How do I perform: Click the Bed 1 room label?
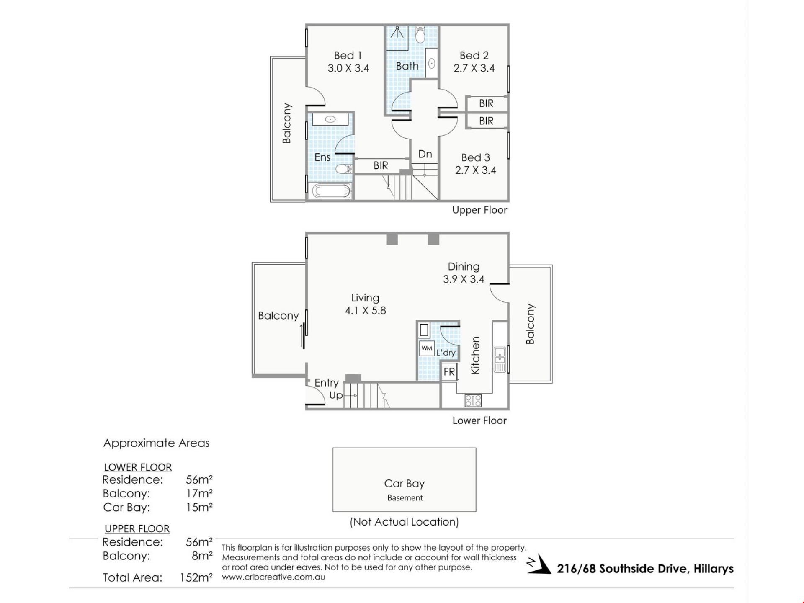tap(348, 55)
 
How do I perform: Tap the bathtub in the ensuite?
tap(332, 191)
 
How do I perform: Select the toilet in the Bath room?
tap(420, 35)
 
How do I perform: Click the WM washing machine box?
tap(427, 348)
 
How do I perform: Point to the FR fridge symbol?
tap(449, 372)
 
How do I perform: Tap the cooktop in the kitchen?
tap(473, 401)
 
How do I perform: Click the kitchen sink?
tap(500, 359)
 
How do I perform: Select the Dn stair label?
tap(425, 154)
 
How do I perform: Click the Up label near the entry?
tap(336, 396)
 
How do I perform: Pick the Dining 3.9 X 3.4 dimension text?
tap(464, 279)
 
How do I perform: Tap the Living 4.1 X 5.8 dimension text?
tap(366, 310)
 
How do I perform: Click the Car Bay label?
tap(405, 484)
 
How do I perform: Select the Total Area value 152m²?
tap(196, 578)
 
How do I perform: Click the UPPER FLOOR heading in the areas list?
tap(137, 529)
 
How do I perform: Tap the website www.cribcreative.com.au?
tap(273, 577)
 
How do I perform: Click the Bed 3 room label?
tap(476, 157)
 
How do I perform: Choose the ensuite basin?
tap(330, 119)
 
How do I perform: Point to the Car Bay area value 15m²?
tap(199, 508)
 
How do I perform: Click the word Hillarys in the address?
tap(714, 569)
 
